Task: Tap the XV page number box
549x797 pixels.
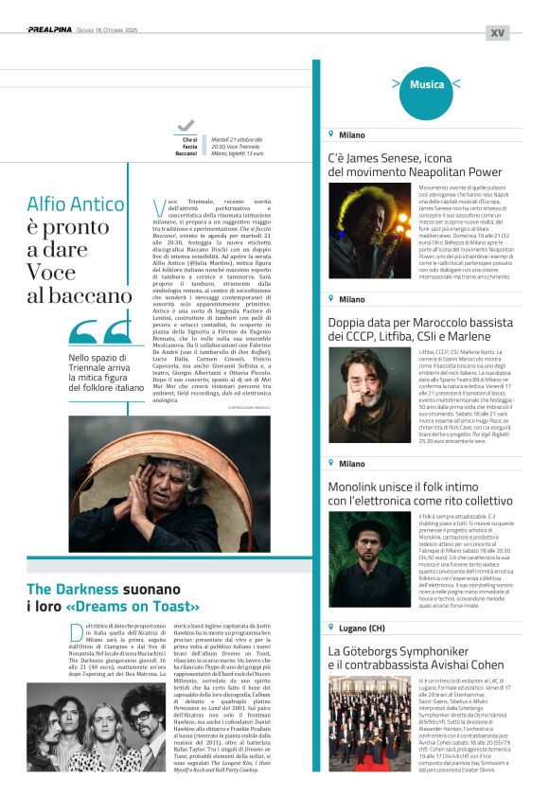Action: [x=497, y=32]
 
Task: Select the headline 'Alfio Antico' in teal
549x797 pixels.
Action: [x=76, y=204]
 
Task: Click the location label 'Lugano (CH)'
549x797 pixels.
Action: [x=363, y=628]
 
